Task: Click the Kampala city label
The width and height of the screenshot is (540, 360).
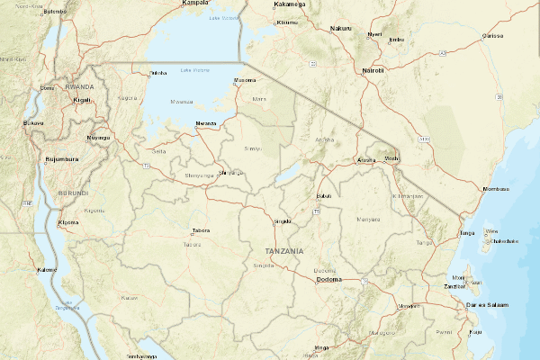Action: click(x=195, y=3)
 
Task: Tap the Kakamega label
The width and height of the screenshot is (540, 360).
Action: click(x=289, y=4)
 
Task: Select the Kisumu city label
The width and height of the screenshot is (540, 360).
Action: click(x=287, y=22)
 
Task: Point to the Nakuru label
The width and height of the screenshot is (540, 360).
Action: click(x=341, y=29)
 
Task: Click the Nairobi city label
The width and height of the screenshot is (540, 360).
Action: click(x=373, y=70)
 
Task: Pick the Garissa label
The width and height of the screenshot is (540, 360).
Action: click(x=492, y=36)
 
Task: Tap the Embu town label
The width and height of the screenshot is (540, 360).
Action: click(x=396, y=40)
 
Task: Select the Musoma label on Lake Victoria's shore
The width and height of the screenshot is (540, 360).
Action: click(x=246, y=81)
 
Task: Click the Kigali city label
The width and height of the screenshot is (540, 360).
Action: click(x=82, y=100)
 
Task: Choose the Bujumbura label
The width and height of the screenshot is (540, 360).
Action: click(x=62, y=159)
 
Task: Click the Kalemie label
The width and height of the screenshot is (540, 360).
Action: click(x=47, y=270)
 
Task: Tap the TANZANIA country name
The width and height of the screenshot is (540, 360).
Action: click(x=284, y=250)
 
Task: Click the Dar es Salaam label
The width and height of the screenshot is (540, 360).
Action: click(x=488, y=305)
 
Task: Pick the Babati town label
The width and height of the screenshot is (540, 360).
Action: click(x=325, y=196)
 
